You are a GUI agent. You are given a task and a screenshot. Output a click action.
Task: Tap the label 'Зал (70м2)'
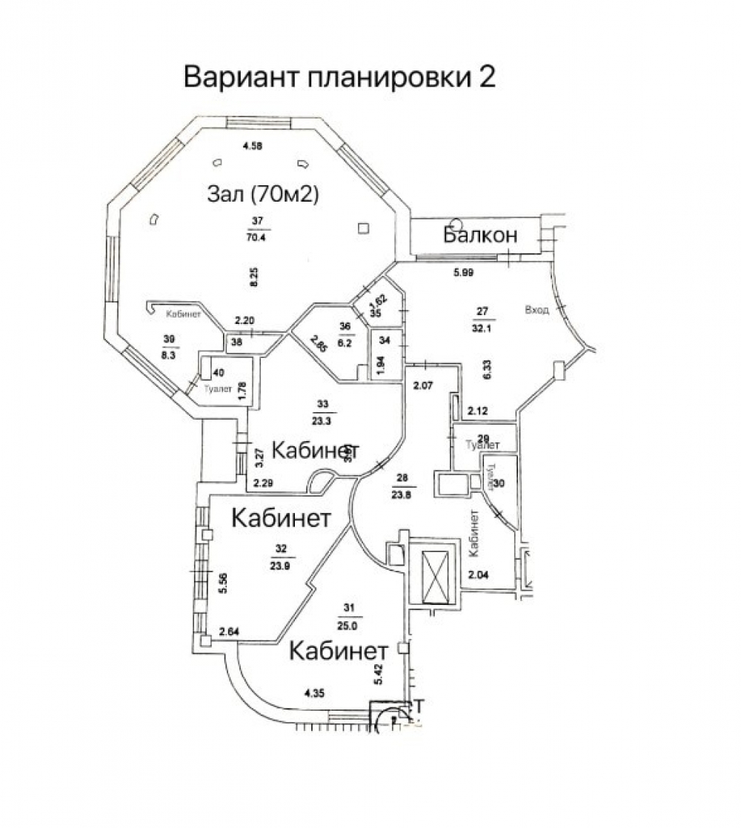pyautogui.click(x=262, y=194)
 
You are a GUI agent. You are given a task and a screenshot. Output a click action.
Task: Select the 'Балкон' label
pyautogui.click(x=479, y=235)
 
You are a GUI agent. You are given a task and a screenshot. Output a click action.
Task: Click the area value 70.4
pyautogui.click(x=258, y=238)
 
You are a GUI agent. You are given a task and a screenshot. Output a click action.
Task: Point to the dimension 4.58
pyautogui.click(x=253, y=145)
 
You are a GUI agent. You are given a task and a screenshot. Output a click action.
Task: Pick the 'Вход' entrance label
pyautogui.click(x=536, y=310)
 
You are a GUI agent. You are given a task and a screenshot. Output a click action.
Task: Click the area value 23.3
pyautogui.click(x=322, y=420)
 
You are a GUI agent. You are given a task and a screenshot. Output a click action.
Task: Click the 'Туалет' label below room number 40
pyautogui.click(x=216, y=387)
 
